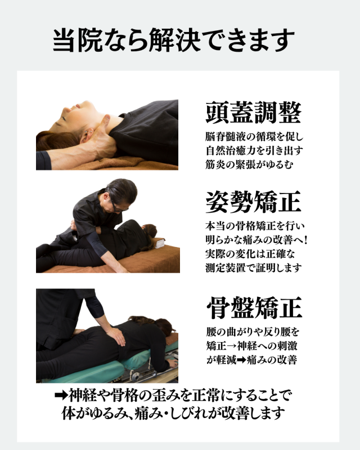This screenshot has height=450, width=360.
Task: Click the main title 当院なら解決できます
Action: click(174, 39)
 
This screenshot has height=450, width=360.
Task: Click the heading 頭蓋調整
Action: click(254, 112)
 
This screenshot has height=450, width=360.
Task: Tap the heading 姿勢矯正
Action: click(254, 202)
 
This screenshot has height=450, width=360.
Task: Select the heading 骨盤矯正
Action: click(254, 308)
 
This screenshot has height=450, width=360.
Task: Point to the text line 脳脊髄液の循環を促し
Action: click(254, 137)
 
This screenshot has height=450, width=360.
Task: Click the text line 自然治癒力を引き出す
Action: click(254, 150)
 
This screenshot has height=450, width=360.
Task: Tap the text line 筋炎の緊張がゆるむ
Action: click(249, 164)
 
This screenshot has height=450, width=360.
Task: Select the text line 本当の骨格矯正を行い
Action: click(255, 226)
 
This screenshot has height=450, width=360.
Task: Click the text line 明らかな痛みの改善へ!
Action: click(256, 240)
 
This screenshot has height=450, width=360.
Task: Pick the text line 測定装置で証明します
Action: click(254, 268)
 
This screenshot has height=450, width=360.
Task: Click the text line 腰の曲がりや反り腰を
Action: click(253, 332)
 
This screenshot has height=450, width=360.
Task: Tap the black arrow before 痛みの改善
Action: click(241, 360)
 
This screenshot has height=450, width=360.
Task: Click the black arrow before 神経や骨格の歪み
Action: click(61, 396)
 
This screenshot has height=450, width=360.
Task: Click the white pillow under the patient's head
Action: click(159, 243)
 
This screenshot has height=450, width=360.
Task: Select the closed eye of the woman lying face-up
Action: click(64, 118)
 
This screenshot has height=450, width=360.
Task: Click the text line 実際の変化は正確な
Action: click(250, 254)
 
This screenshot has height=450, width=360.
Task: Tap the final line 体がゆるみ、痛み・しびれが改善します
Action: click(173, 413)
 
